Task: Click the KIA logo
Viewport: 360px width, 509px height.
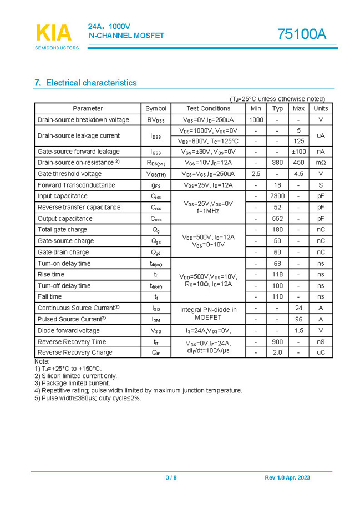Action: coord(54,33)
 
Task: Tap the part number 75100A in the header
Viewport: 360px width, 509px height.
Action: coord(302,34)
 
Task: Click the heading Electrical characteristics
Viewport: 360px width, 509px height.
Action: coord(85,83)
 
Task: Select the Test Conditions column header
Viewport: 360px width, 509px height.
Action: coord(208,109)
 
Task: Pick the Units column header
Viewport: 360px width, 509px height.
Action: coord(321,109)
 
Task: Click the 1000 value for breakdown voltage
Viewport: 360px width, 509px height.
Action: coord(256,120)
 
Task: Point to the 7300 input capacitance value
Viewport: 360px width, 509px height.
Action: coord(277,196)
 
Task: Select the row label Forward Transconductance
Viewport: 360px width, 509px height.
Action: coord(76,185)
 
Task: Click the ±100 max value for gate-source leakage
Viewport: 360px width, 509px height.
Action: coord(298,152)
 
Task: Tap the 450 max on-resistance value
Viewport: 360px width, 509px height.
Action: coord(298,163)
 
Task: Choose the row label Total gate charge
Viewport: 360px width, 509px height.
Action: coord(62,230)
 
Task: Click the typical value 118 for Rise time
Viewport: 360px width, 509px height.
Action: coord(277,275)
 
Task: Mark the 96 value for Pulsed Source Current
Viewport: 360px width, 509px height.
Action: coord(298,320)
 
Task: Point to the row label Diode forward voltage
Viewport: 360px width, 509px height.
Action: coord(69,331)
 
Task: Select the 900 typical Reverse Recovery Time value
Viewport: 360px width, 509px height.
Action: coord(277,342)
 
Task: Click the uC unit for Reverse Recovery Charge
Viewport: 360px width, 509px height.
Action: coord(321,352)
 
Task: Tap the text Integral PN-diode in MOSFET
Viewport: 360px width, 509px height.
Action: coord(208,314)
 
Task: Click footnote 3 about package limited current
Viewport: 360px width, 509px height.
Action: coord(72,383)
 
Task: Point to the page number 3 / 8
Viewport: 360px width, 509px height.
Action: coord(171,478)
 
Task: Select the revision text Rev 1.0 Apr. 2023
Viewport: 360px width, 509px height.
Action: coord(287,478)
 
